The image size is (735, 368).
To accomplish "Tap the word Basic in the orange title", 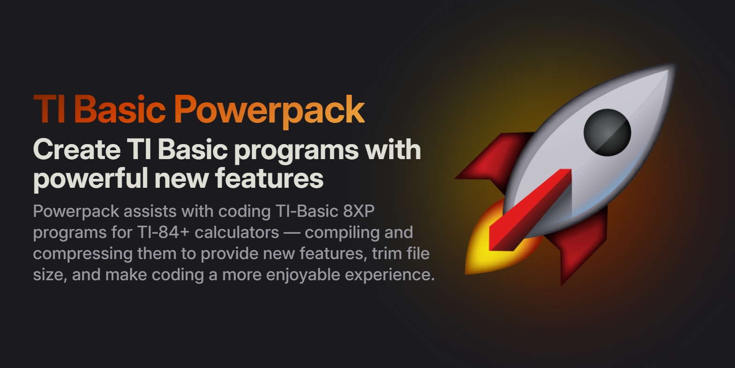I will pyautogui.click(x=120, y=109).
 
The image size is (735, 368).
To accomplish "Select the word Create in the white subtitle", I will pyautogui.click(x=76, y=149).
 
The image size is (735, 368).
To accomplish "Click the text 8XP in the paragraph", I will pyautogui.click(x=359, y=211).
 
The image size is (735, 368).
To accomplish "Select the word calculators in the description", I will pyautogui.click(x=237, y=232).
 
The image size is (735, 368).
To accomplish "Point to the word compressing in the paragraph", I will pyautogui.click(x=82, y=254).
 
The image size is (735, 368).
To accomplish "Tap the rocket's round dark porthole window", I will pyautogui.click(x=607, y=132).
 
